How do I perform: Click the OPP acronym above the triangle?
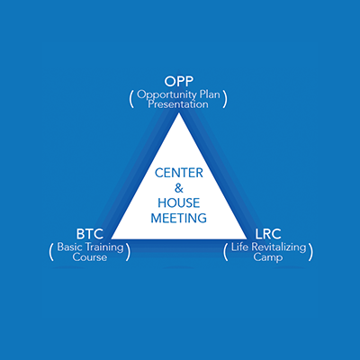coord(179,81)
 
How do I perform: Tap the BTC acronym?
coord(90,234)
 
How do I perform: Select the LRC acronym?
coord(268,234)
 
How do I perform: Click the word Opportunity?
coord(166,95)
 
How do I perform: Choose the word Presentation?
coord(178,104)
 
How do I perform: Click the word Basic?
coord(69,247)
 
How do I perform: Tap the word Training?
coord(104,248)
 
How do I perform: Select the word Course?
coord(90,257)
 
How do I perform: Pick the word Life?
coord(240,247)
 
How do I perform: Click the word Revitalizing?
coord(279,247)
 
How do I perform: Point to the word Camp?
coord(268,258)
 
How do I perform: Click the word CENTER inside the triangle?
coord(179,173)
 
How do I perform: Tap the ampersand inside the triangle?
coord(179,188)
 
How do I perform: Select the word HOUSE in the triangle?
coord(179,203)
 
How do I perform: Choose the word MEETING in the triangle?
coord(179,218)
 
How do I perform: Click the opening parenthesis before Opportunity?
coord(131,100)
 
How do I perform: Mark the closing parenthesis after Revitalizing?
coord(310,252)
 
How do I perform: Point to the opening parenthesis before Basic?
coord(51,252)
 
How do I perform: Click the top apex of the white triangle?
coord(179,112)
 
